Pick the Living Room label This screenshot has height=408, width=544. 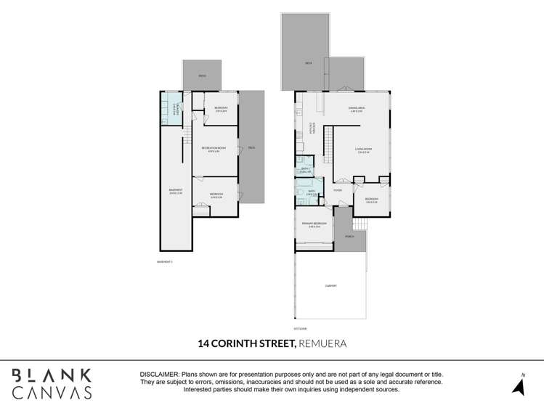point(364,150)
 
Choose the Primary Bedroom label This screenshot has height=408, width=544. point(314,224)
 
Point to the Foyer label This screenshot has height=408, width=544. point(337,190)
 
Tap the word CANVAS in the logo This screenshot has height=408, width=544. point(52,393)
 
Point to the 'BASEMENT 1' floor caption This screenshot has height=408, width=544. point(165,261)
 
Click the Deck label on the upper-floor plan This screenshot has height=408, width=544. point(309,63)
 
